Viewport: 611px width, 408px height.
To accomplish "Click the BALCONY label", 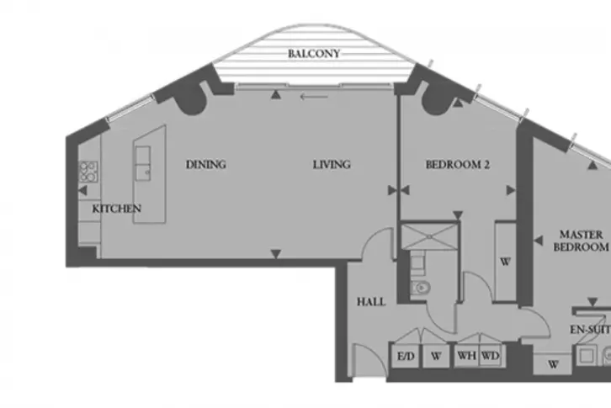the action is (314, 53).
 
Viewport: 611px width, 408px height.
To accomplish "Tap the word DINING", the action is (205, 164).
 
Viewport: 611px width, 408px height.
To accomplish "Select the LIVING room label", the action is (332, 164).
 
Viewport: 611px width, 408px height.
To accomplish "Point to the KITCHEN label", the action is (116, 209).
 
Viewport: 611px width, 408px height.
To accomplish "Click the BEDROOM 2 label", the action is (458, 164).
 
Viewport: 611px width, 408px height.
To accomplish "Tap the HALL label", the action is (371, 302).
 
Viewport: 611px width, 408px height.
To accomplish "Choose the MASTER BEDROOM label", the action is (581, 241).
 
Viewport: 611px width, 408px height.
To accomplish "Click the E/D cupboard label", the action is (406, 356).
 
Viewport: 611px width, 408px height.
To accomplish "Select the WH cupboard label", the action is (466, 356).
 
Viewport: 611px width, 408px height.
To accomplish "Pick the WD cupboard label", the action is (490, 356).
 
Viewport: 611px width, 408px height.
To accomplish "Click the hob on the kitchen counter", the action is (88, 172).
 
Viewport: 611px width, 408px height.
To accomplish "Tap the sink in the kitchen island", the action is (142, 164).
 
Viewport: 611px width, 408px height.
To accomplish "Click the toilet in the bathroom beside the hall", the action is (421, 288).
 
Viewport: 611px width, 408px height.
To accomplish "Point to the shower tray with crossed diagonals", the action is (429, 236).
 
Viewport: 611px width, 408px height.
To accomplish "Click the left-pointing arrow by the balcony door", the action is (314, 96).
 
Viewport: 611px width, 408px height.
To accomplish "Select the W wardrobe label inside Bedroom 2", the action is (505, 262).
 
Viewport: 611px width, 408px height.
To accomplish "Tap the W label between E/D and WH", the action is (436, 356).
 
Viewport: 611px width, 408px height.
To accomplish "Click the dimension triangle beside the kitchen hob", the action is (82, 191).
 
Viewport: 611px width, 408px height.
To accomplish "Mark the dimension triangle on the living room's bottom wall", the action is (276, 254).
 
